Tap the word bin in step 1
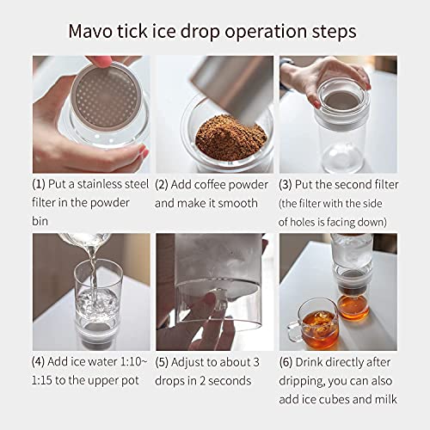(42, 222)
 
